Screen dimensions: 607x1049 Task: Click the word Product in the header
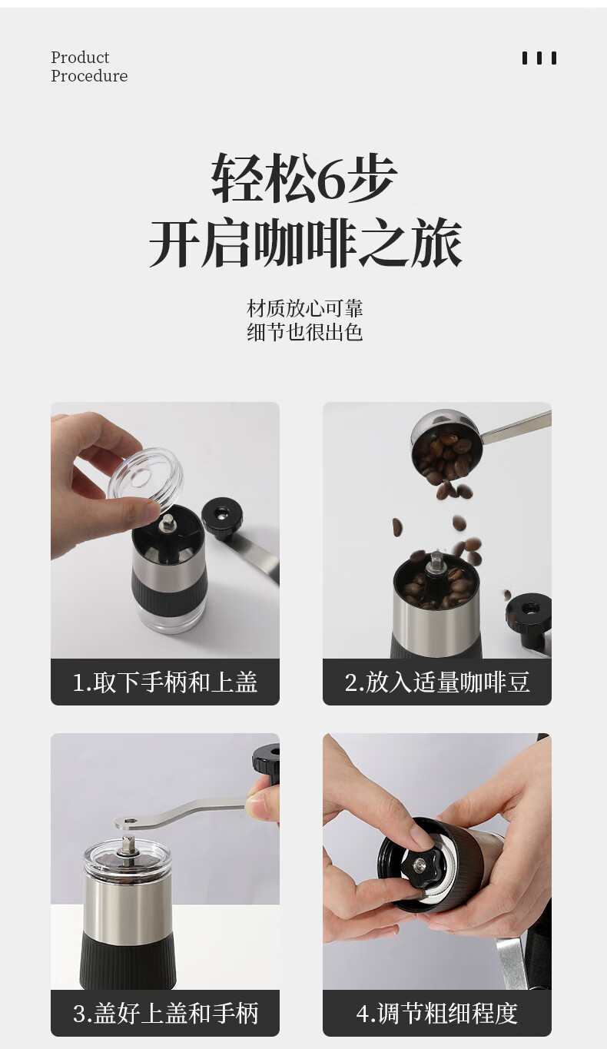(80, 58)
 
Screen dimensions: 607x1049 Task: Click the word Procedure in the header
(89, 76)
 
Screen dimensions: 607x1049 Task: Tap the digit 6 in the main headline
(333, 179)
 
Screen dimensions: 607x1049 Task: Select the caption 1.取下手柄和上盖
(165, 682)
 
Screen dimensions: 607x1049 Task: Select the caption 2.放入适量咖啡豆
(437, 682)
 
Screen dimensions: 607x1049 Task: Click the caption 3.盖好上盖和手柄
(165, 1014)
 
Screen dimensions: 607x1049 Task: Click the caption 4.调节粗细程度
(437, 1014)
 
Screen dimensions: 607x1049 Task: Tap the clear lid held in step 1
(145, 473)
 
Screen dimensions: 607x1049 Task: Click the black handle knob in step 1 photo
(223, 517)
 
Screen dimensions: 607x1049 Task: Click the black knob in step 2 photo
(529, 612)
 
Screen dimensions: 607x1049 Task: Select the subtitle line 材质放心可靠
(304, 309)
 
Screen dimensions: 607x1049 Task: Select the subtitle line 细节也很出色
(304, 332)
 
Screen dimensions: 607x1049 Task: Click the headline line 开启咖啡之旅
(305, 243)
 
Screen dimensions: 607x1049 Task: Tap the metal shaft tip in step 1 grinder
(166, 522)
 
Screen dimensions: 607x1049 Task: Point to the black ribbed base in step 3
(128, 957)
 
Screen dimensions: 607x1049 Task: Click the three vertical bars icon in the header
(539, 58)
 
